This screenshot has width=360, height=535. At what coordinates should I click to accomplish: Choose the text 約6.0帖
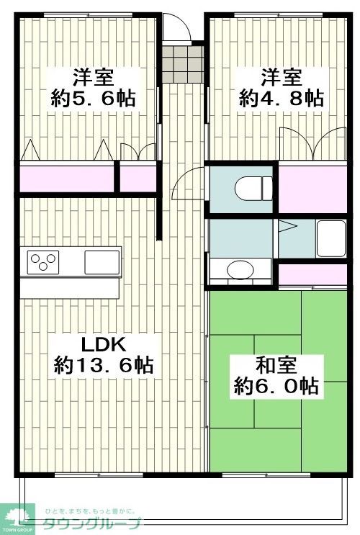(276, 387)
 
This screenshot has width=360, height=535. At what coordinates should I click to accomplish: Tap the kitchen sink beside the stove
(102, 260)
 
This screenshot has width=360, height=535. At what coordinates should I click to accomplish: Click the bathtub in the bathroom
(331, 238)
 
